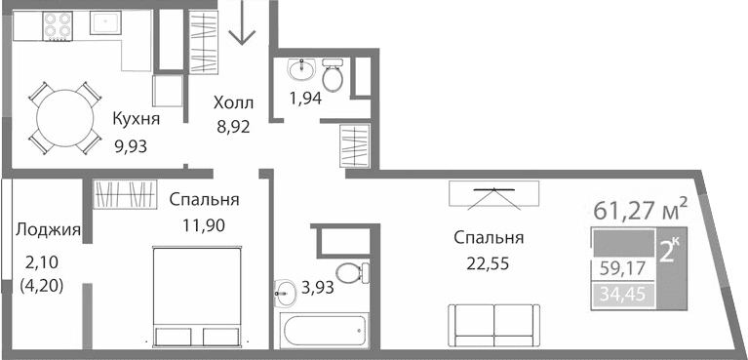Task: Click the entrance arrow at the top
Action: click(241, 29)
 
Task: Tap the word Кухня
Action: click(136, 119)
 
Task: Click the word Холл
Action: click(233, 102)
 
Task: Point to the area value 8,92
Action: click(233, 125)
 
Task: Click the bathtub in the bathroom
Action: click(324, 329)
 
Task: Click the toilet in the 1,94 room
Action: click(333, 76)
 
